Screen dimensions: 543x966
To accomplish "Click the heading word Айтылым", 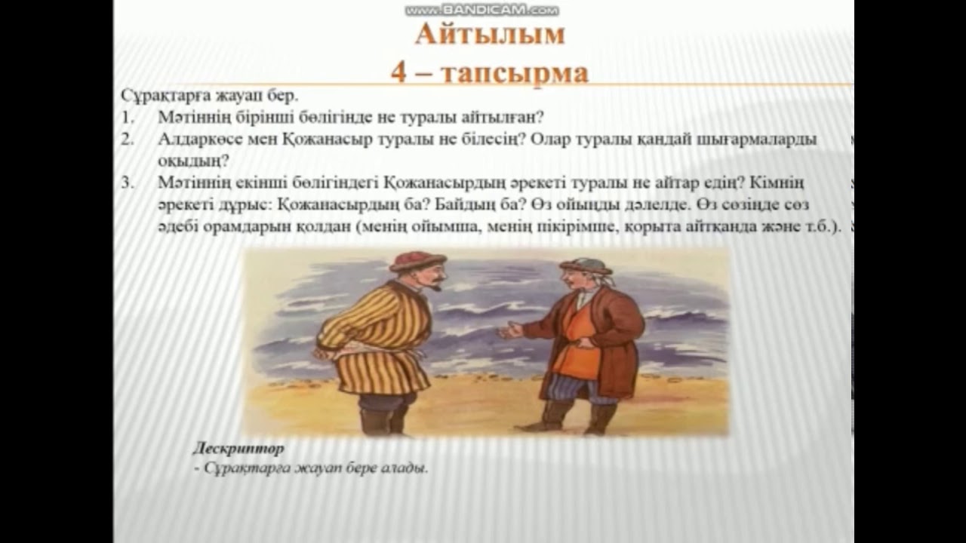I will (x=490, y=35).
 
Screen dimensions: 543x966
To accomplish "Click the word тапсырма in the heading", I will (x=514, y=73).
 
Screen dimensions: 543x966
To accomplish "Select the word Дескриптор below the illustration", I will (x=238, y=449).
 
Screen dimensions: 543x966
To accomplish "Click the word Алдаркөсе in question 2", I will (x=195, y=140).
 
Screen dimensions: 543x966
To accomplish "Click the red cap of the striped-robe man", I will (x=417, y=261).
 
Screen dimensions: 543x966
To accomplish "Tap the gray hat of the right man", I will (x=585, y=266).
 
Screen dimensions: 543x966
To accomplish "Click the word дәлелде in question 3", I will (x=714, y=205).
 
